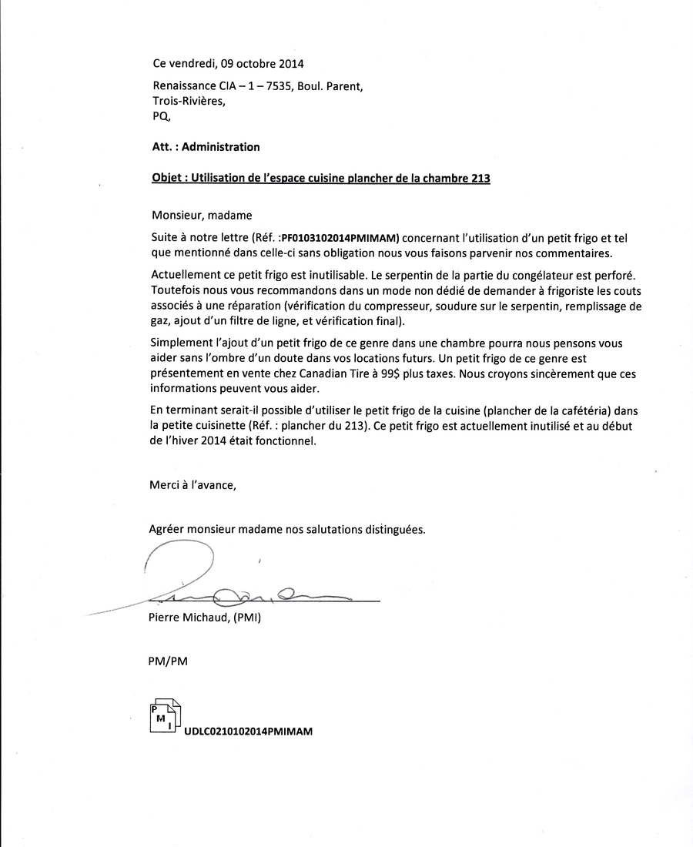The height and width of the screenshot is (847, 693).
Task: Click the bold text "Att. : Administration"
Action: [206, 147]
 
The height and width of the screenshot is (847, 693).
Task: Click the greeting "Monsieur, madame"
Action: [202, 216]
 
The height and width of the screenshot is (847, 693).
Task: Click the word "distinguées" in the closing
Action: [392, 530]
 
